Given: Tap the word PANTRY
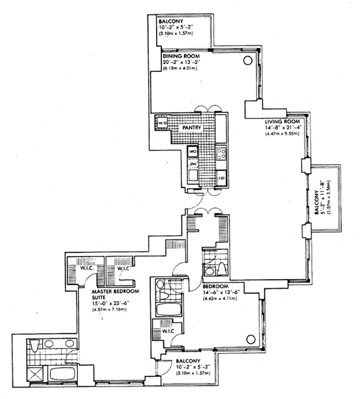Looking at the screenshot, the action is click(x=192, y=128).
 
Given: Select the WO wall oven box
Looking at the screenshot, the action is click(x=192, y=152).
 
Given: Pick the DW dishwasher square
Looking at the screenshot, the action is click(x=193, y=165).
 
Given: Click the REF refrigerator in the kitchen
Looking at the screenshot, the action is click(x=222, y=178).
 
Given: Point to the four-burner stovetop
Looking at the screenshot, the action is click(x=222, y=153).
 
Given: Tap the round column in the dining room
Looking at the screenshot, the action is click(x=248, y=60).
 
